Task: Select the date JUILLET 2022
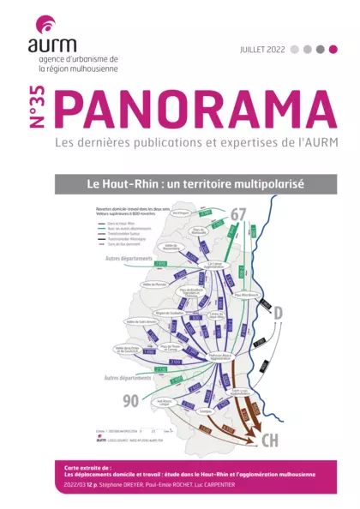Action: tap(262, 50)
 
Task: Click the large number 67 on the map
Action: tap(237, 214)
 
